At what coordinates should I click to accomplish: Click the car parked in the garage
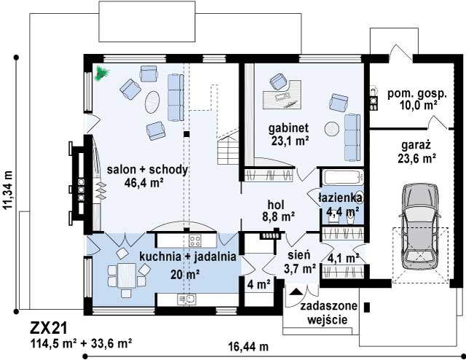419,227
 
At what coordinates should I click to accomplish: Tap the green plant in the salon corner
102,73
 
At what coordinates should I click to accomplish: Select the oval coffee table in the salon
152,101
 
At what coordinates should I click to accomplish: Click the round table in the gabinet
331,130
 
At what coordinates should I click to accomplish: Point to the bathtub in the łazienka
343,177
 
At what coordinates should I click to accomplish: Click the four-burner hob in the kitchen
195,240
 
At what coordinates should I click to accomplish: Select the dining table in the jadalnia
127,275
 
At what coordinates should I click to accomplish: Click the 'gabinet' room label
288,128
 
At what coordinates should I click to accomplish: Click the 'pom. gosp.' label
417,94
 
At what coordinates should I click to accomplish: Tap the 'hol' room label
276,205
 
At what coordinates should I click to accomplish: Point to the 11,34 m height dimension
8,190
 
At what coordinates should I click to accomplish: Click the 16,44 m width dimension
248,347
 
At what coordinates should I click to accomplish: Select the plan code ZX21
49,329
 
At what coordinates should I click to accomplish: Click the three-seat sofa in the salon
176,98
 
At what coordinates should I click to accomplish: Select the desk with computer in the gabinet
282,95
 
